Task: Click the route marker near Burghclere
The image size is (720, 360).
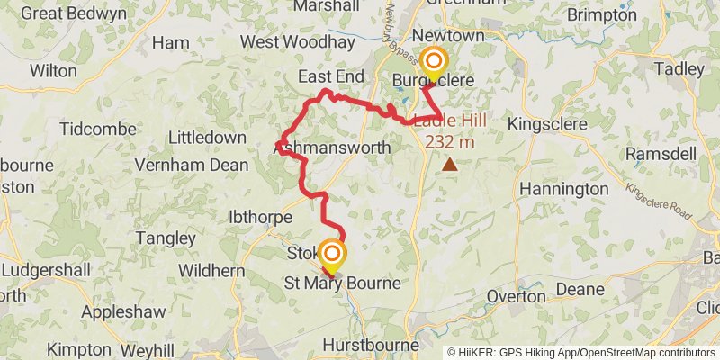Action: tap(434, 62)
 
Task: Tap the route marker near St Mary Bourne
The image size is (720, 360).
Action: tap(332, 254)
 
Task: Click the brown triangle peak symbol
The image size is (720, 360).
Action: tap(449, 165)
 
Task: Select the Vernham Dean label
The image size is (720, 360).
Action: tap(185, 165)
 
